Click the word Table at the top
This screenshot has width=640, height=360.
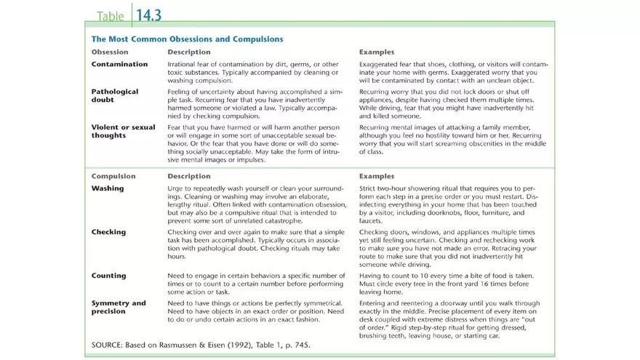(110, 15)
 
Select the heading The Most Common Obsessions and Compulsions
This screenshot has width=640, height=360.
(187, 39)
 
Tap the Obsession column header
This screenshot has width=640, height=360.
(110, 52)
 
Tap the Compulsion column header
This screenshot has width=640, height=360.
(113, 176)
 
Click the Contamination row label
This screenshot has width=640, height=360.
(119, 65)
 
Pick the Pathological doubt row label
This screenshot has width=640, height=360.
(115, 96)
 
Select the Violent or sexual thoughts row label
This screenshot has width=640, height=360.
(123, 131)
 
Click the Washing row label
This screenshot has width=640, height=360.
(108, 188)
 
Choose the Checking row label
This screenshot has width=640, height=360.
(108, 232)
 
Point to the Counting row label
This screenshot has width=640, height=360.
(108, 276)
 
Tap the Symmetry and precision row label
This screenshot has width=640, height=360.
(119, 307)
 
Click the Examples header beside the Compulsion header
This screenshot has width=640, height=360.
(377, 176)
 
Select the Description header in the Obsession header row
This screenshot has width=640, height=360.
(189, 52)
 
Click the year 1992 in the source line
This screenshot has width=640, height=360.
(233, 344)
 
